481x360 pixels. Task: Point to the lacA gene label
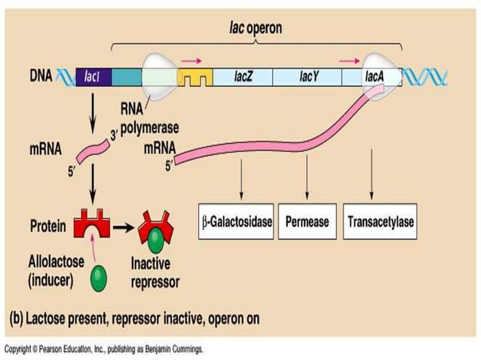point(375,76)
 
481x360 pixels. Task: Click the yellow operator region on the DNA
point(194,77)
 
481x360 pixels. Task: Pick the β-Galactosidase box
point(237,223)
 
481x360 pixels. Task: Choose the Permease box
point(307,223)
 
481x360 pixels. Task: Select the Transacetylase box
point(380,223)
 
